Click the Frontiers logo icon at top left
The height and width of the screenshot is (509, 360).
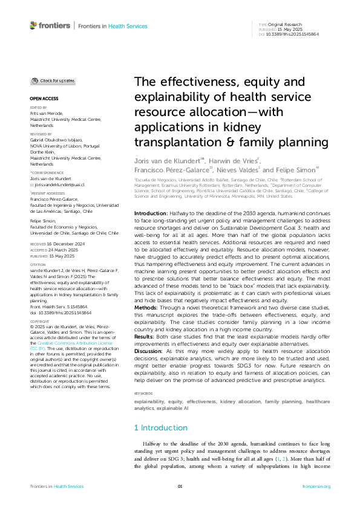(x=34, y=25)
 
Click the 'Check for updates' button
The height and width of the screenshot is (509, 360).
(x=54, y=80)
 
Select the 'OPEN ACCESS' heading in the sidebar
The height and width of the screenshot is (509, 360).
(x=44, y=98)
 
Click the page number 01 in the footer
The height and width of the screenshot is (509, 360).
(x=180, y=486)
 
